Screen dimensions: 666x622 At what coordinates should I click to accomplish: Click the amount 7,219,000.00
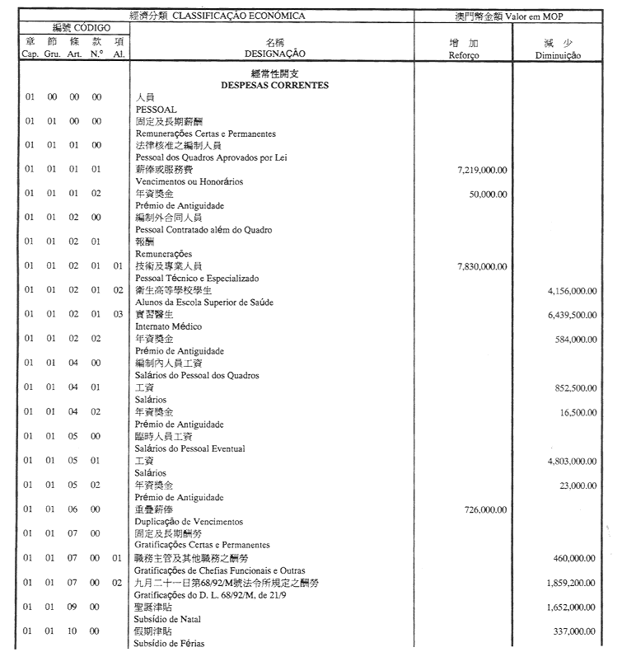click(481, 170)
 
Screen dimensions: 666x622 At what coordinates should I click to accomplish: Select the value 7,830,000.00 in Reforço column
click(481, 266)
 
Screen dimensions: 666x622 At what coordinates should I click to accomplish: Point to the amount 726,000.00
click(485, 509)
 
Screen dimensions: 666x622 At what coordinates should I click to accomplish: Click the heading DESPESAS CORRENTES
click(274, 85)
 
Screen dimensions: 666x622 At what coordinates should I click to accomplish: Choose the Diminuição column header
click(558, 55)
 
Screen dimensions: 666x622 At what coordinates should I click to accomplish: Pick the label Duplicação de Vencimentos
click(189, 522)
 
